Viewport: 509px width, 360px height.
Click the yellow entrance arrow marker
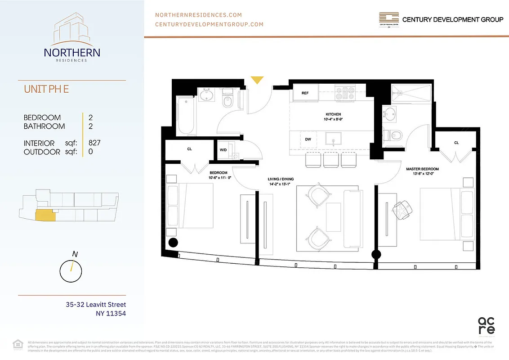point(257,80)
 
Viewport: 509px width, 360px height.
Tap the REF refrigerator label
point(305,93)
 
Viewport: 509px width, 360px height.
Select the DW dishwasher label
point(308,139)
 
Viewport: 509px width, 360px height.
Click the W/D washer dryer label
point(223,150)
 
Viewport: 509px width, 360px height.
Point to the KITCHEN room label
point(333,114)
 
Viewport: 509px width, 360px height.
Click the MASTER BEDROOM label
point(422,169)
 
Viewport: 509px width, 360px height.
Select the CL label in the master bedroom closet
point(456,143)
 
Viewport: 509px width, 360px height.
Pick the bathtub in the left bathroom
point(185,117)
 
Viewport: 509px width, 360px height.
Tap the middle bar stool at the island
point(330,159)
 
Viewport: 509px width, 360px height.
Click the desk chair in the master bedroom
point(402,208)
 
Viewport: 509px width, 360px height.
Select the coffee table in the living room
point(333,218)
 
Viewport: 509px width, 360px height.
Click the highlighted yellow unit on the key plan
point(44,216)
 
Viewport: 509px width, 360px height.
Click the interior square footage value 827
point(94,143)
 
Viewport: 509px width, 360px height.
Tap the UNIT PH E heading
point(46,89)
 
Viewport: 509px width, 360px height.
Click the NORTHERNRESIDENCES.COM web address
point(198,15)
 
